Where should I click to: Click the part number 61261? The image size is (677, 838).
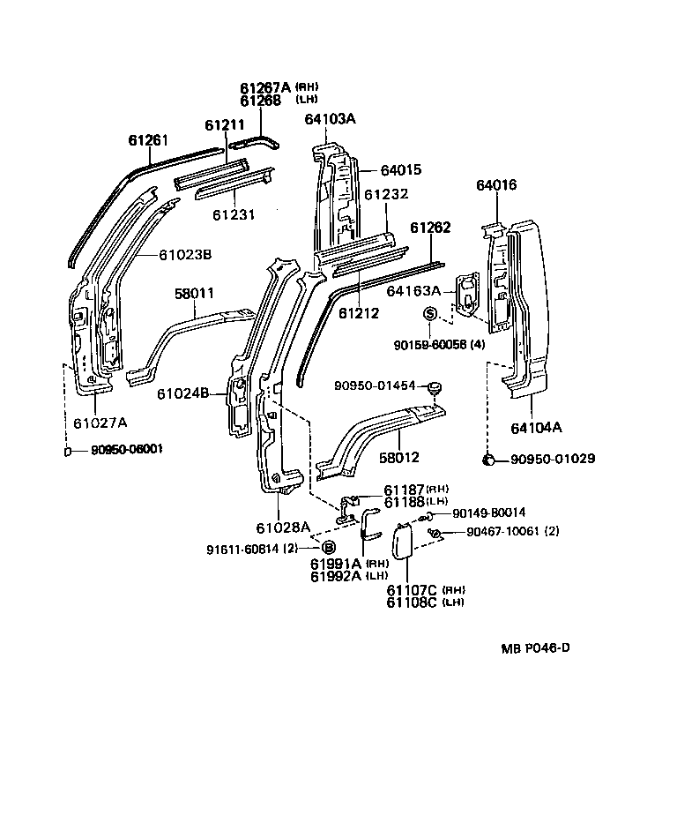point(147,140)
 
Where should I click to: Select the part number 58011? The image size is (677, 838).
point(194,292)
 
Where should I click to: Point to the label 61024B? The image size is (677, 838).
point(182,393)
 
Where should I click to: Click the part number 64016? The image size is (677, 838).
point(496,185)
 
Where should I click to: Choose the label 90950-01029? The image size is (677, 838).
point(553,459)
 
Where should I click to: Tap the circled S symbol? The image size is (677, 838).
point(431,313)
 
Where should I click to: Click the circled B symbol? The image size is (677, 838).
point(328,548)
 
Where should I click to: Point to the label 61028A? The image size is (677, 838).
point(283,527)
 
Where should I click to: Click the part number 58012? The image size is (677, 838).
point(398,458)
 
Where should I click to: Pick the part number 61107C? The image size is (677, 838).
point(412,589)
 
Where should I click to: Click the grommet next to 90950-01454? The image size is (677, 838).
point(433,386)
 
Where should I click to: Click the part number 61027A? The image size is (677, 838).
point(100,423)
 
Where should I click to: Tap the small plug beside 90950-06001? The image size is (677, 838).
point(68,451)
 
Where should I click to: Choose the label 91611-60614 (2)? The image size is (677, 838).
point(257,549)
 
